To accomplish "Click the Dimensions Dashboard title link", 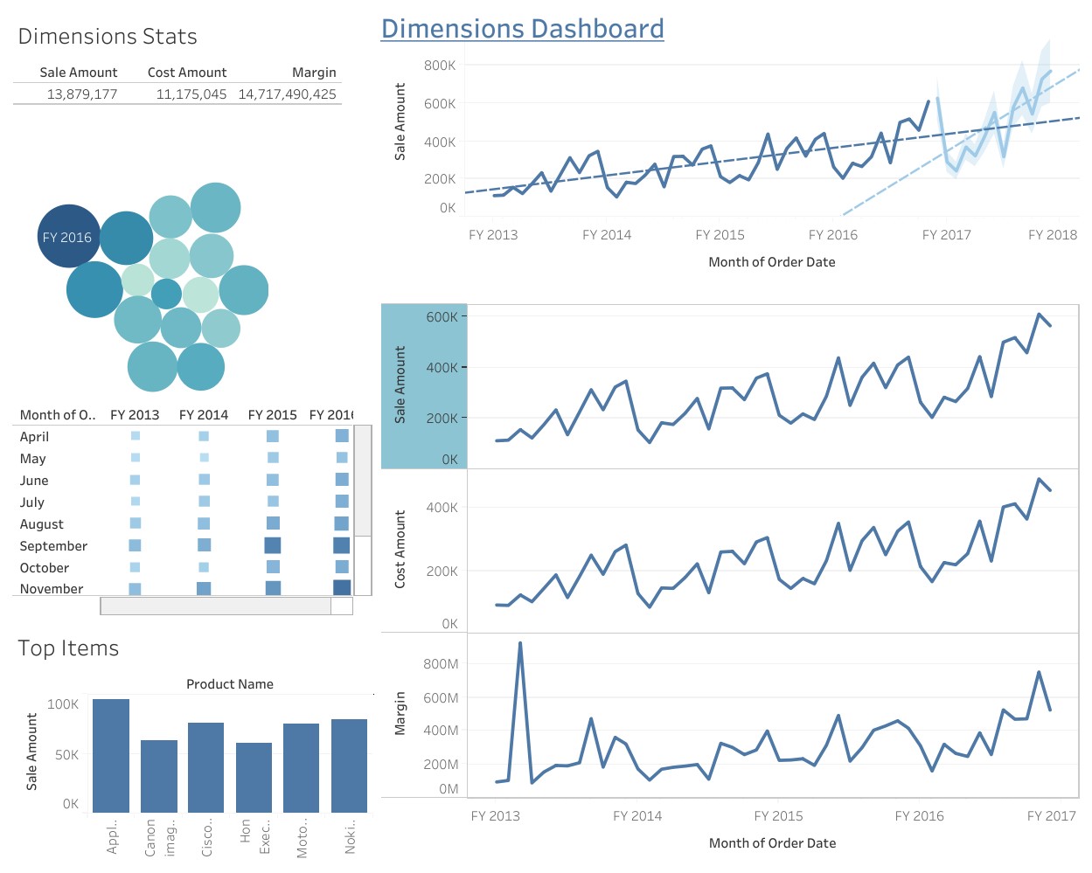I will coord(522,29).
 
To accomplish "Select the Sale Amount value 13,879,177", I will coord(82,94).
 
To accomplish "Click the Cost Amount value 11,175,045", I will coord(191,94).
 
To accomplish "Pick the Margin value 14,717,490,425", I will coord(287,94).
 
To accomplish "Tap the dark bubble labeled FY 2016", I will coord(67,237).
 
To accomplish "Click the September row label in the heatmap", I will coord(53,546).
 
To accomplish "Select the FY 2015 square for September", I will coord(273,545).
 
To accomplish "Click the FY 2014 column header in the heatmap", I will coord(203,415).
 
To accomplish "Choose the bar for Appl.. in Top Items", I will coord(111,756).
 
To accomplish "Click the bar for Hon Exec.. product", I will coord(254,778).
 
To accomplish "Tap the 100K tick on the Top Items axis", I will coord(63,704).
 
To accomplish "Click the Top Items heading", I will coord(68,648).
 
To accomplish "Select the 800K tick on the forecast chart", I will coord(440,66).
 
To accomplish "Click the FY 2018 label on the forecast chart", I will coord(1052,235).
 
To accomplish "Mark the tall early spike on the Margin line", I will coord(520,644).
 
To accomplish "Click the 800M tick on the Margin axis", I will coord(441,664).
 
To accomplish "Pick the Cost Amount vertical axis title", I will coord(400,549).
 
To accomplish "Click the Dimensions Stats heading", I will coord(108,37).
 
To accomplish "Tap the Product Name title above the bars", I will coord(229,684).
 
